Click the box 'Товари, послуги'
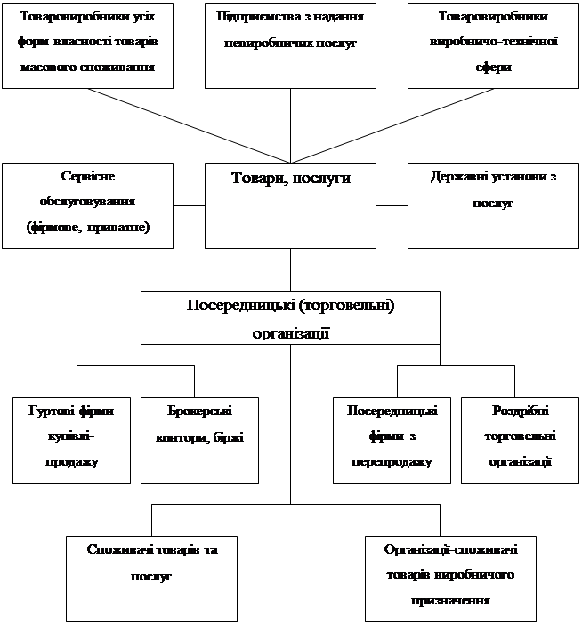(x=291, y=204)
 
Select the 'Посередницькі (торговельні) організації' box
(x=291, y=317)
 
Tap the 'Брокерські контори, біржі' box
(x=199, y=438)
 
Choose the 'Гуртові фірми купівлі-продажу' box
(x=71, y=438)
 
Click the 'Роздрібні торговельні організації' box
(x=519, y=438)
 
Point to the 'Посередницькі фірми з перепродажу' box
(x=392, y=438)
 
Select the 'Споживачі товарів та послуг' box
(x=152, y=577)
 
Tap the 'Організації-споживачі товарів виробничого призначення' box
(x=450, y=577)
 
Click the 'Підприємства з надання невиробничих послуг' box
(x=290, y=45)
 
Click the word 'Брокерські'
(x=199, y=411)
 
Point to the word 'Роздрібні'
(x=520, y=411)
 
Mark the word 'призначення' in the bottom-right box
(x=450, y=600)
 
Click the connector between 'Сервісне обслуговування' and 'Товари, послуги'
(x=190, y=204)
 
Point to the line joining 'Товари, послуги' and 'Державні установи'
(x=392, y=204)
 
